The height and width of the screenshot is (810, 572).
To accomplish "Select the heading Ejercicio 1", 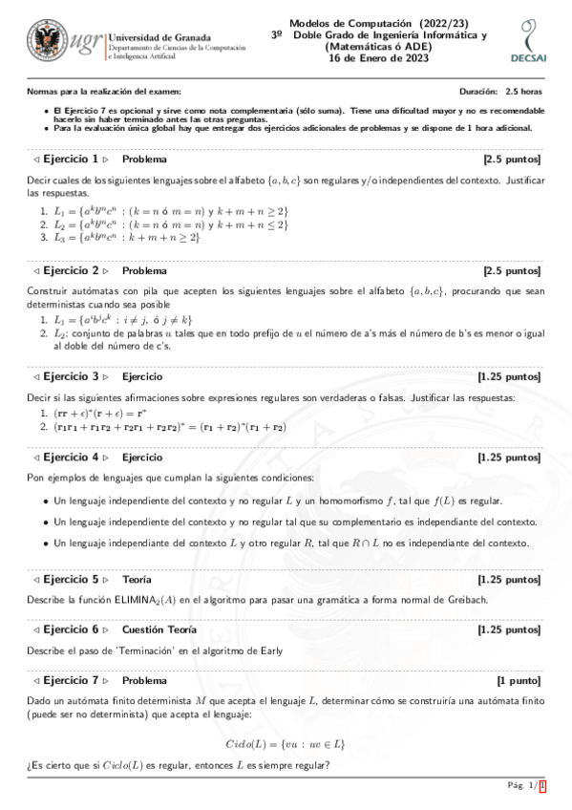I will coord(72,160).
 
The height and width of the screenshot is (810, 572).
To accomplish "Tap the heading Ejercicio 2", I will coord(72,271).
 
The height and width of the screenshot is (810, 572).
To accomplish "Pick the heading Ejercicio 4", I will coord(72,458).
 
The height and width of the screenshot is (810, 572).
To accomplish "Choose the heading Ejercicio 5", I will coord(72,579).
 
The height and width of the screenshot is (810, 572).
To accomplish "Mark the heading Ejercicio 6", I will coord(72,630).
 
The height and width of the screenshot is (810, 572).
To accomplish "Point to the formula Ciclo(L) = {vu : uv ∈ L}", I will coord(285,742).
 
